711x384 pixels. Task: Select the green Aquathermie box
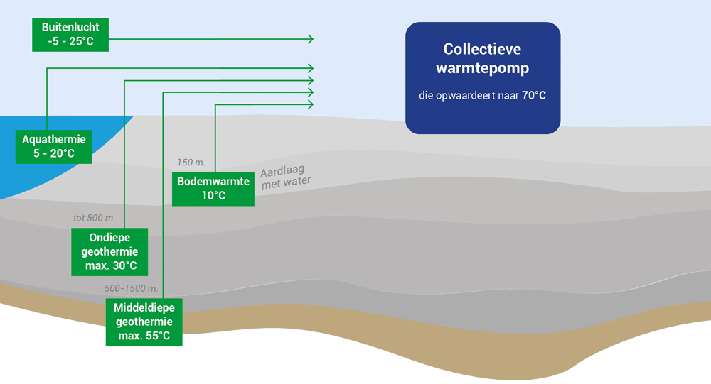coord(54,147)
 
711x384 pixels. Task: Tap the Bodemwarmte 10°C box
coord(213,188)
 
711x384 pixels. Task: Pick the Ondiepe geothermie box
coord(109,252)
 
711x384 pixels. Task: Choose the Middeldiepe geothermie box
coord(144,322)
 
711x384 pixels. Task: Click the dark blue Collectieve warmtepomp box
coord(483,78)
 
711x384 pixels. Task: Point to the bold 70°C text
coord(533,95)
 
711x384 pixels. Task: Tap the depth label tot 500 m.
coord(94,218)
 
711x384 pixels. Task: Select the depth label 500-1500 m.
coord(131,289)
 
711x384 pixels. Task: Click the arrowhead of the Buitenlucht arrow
coord(311,38)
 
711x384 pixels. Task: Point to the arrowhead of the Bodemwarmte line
coord(311,104)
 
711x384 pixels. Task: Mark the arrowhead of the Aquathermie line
coord(311,67)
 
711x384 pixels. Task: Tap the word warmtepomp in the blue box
coord(483,70)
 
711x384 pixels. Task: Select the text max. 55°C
coord(144,335)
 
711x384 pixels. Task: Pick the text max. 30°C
coord(109,265)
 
